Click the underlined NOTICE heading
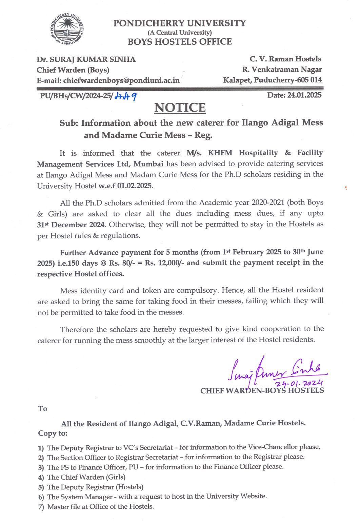(x=180, y=108)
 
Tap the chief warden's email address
(x=121, y=80)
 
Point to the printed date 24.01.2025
(x=304, y=95)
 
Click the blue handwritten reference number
(x=125, y=96)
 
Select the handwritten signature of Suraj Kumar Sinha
(x=275, y=370)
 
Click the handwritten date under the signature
(x=298, y=383)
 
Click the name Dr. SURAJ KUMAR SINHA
(x=86, y=59)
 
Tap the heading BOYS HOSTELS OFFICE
(x=180, y=42)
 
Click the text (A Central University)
(x=180, y=33)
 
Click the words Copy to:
(x=53, y=433)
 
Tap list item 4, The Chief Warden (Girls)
(x=86, y=477)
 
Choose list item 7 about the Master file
(x=100, y=506)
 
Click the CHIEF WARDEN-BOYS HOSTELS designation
(x=262, y=391)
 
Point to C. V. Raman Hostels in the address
(x=285, y=59)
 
